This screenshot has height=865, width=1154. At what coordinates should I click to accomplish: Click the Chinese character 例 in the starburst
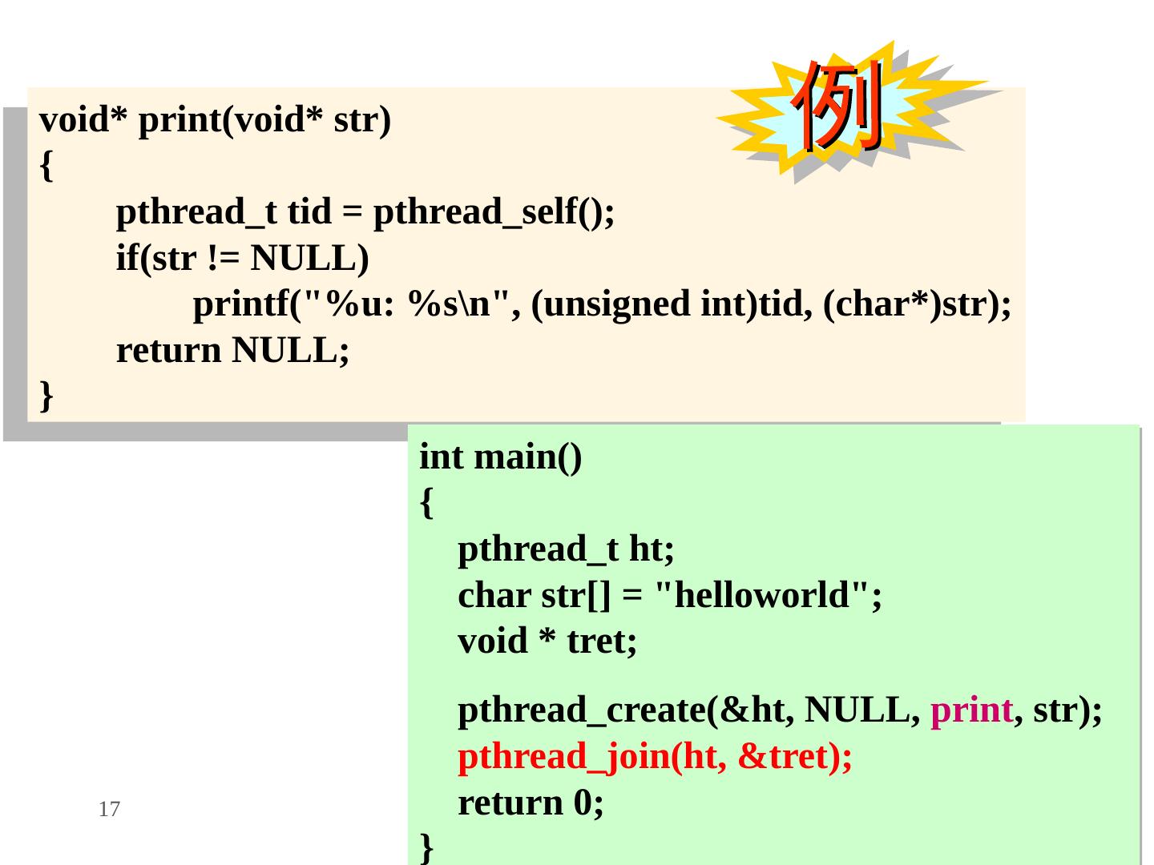tap(838, 108)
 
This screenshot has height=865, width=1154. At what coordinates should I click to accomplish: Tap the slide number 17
tap(109, 810)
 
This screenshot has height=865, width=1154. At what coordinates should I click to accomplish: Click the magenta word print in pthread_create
tap(971, 710)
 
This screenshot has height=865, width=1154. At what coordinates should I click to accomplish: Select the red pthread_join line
tap(655, 757)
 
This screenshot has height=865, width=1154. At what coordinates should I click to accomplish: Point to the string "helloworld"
tap(762, 596)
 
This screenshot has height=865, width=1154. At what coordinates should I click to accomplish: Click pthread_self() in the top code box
tap(494, 212)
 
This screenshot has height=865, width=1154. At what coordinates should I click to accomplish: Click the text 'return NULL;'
tap(232, 351)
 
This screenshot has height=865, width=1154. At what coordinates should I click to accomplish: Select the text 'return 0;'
tap(531, 803)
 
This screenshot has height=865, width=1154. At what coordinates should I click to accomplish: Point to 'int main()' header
tap(501, 457)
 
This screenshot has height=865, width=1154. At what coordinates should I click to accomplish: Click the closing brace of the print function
tap(46, 395)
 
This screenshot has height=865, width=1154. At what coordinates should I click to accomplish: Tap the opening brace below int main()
tap(427, 504)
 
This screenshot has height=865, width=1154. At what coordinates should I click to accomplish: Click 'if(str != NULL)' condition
tap(242, 259)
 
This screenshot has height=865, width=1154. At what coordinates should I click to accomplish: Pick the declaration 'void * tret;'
tap(547, 642)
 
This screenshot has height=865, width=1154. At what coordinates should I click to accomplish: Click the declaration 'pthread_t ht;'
tap(566, 549)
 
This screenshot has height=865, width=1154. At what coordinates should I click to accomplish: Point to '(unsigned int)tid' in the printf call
tap(668, 305)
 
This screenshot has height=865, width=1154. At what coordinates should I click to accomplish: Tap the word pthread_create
tap(582, 710)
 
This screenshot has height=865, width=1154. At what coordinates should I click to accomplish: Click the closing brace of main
tap(427, 846)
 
